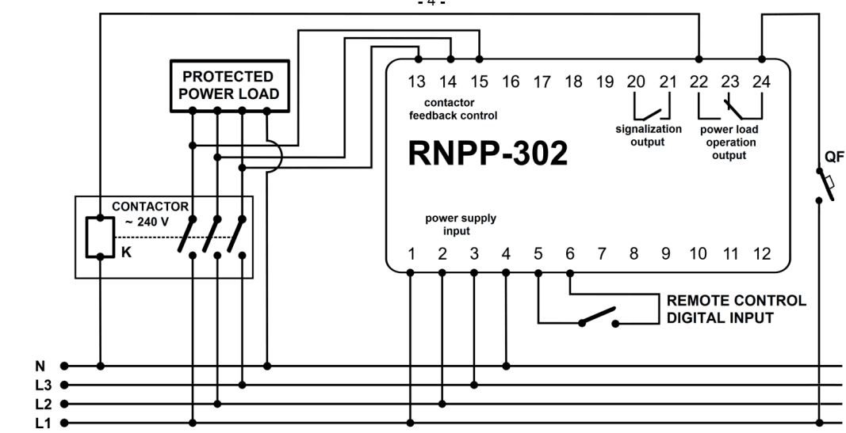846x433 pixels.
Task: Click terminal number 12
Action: coord(761,254)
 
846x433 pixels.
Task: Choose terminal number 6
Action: coord(569,254)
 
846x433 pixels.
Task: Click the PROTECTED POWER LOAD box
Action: coord(230,85)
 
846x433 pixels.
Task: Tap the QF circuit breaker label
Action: coord(834,157)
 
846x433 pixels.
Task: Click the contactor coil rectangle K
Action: coord(100,236)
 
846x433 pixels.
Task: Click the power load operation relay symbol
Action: coord(729,105)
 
